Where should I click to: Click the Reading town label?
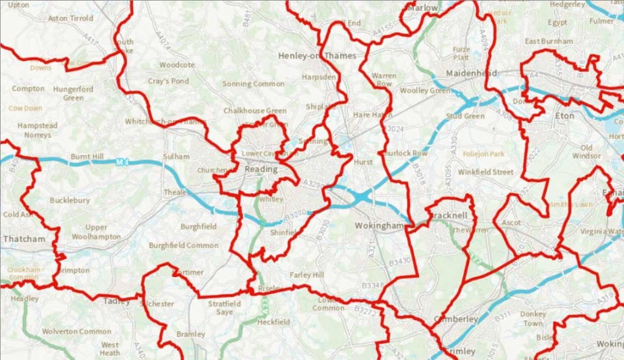(x=260, y=169)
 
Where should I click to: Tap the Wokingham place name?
(x=380, y=226)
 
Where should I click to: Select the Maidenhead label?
(x=472, y=73)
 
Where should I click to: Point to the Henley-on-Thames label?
(x=317, y=55)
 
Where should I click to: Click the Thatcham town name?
(x=24, y=239)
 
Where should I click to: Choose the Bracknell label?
(x=448, y=216)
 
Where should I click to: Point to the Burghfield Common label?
(x=183, y=245)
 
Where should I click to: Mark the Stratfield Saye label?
(x=224, y=308)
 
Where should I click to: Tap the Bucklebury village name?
(x=69, y=200)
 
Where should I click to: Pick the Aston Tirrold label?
(x=70, y=19)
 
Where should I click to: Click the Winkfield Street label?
(x=486, y=172)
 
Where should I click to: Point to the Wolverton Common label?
(x=77, y=331)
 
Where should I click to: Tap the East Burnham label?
(x=548, y=41)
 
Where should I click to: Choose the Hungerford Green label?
(x=73, y=93)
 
